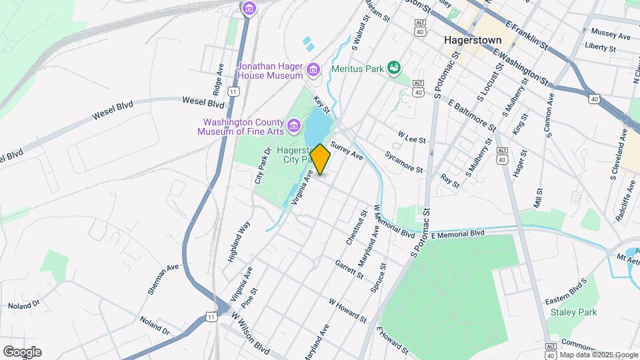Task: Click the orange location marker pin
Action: click(x=320, y=159)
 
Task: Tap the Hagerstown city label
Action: click(x=473, y=40)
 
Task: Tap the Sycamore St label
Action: click(x=404, y=161)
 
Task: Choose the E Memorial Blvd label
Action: click(x=457, y=235)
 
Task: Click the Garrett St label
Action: click(x=349, y=269)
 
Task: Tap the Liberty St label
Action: click(x=599, y=47)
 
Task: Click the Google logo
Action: click(x=21, y=352)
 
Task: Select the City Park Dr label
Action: click(x=263, y=166)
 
